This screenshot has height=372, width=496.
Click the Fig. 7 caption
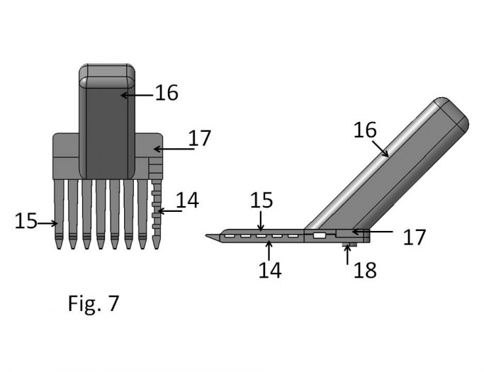click(x=94, y=304)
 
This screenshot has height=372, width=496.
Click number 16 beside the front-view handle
click(x=167, y=93)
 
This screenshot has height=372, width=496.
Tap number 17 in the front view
click(x=200, y=138)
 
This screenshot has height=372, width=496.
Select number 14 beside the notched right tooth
click(x=187, y=201)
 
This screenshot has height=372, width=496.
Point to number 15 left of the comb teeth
click(x=26, y=221)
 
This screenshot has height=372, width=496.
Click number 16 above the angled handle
click(x=365, y=130)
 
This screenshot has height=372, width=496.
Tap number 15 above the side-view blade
click(x=261, y=201)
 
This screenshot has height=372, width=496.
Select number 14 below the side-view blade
click(x=270, y=270)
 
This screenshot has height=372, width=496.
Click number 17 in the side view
click(x=415, y=237)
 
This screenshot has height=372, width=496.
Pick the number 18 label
click(x=365, y=270)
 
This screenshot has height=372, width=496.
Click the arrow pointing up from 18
click(x=347, y=254)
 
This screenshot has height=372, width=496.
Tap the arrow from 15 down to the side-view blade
click(x=261, y=221)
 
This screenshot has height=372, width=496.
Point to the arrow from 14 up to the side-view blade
click(x=269, y=251)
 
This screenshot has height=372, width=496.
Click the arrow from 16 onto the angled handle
click(x=381, y=149)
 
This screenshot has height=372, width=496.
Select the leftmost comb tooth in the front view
click(x=59, y=214)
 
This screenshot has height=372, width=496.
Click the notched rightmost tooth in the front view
click(x=157, y=214)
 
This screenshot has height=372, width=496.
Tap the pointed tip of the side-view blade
click(x=206, y=235)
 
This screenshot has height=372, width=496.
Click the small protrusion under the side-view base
click(x=350, y=245)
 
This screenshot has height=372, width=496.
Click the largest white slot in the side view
click(x=320, y=235)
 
